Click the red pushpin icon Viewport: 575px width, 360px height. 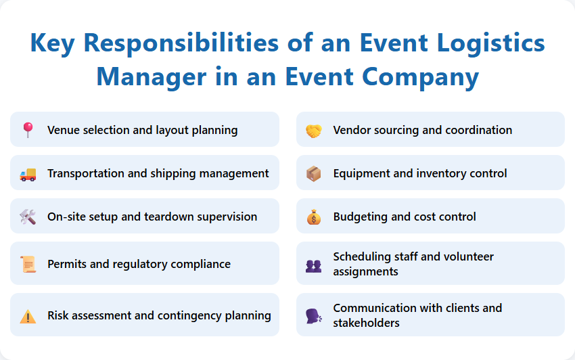coord(28,129)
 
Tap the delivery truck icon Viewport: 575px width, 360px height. coord(28,174)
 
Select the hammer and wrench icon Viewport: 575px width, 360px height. coord(28,217)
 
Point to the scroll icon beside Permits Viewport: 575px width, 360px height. coord(28,265)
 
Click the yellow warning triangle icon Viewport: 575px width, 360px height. coord(28,316)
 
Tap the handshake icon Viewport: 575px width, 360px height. coord(313,130)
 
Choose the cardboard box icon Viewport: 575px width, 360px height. coord(313,174)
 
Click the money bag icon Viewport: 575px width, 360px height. coord(313,217)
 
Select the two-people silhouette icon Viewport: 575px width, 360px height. coord(313,265)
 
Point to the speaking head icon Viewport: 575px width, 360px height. coord(313,316)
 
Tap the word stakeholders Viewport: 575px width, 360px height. coord(366,323)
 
